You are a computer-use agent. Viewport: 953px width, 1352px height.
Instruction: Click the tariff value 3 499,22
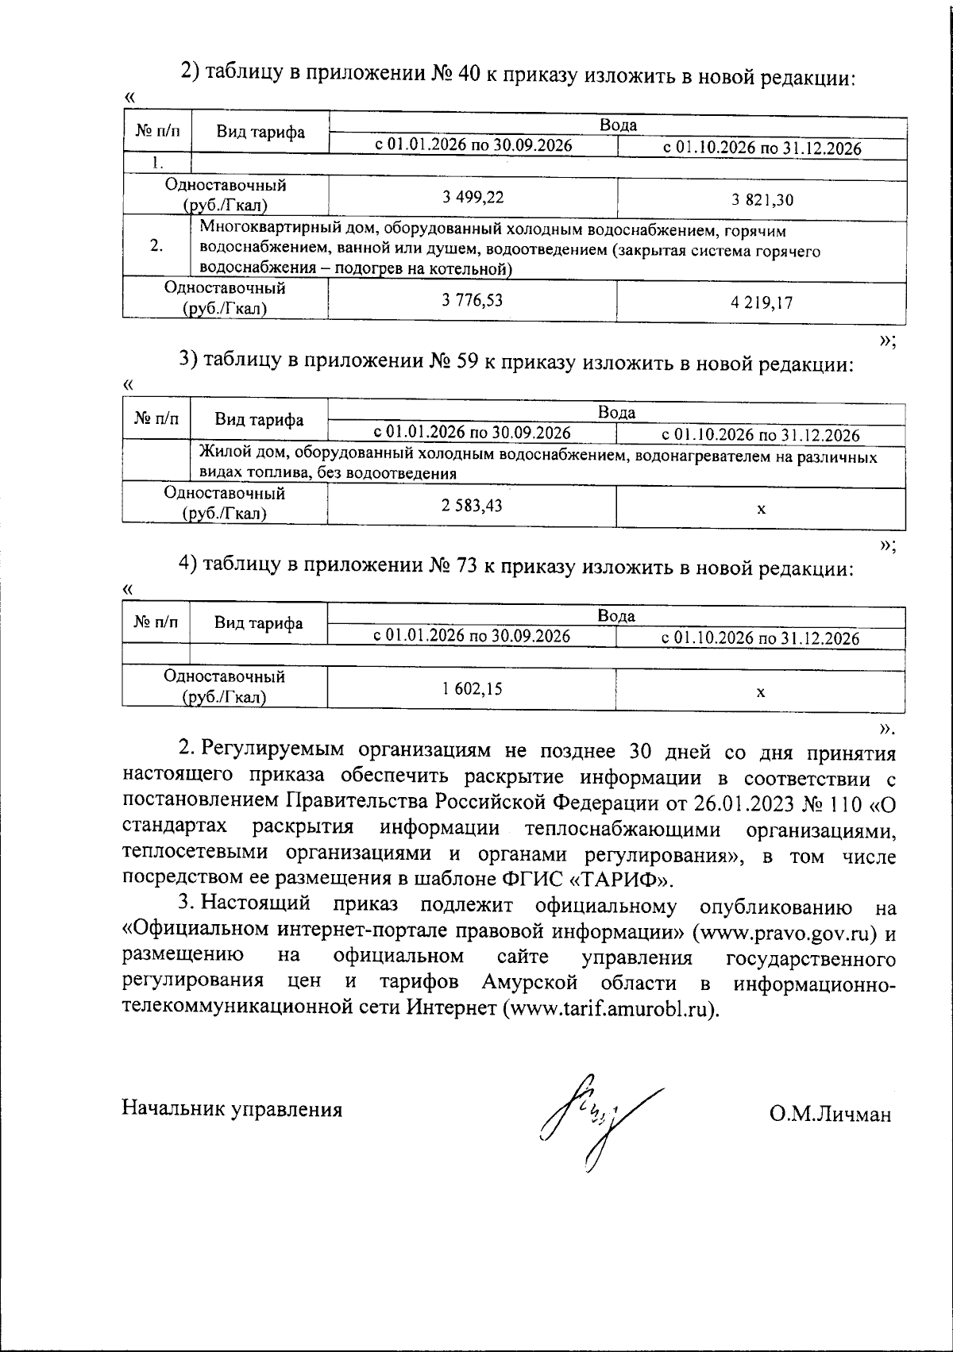(473, 197)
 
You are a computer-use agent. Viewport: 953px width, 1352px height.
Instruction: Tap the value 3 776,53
(473, 299)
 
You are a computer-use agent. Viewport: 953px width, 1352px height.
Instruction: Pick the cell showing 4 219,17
(762, 302)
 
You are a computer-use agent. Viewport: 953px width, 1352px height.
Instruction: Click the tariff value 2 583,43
(473, 505)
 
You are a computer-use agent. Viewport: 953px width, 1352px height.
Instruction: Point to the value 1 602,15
(473, 689)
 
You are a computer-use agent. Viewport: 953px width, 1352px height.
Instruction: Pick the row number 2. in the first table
(156, 246)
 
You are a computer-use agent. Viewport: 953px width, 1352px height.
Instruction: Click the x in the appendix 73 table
(760, 692)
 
